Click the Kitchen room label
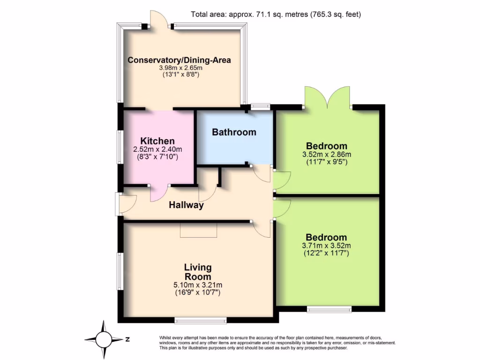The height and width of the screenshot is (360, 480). [157, 141]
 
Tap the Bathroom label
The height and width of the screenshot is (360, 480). [234, 132]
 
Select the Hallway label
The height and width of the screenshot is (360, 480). [186, 205]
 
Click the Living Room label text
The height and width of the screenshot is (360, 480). [197, 272]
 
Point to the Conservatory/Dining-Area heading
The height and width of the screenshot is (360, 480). [180, 60]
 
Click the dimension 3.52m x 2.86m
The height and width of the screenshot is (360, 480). [327, 154]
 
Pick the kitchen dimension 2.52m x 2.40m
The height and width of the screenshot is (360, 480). [157, 150]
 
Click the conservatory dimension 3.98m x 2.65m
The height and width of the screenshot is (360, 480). [180, 68]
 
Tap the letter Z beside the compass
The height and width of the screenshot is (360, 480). [127, 338]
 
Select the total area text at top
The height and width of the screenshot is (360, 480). [276, 14]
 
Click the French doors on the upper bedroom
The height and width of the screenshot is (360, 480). [327, 98]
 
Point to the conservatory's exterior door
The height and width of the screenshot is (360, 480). [159, 21]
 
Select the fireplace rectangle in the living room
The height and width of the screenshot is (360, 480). [199, 231]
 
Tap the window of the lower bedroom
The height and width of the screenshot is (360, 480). [329, 309]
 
